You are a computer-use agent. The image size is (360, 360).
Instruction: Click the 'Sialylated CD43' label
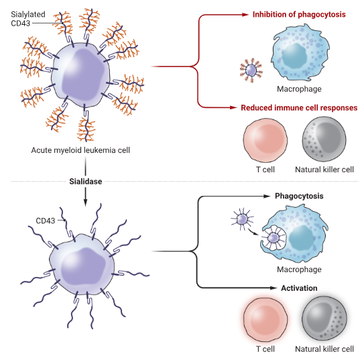tap(28, 19)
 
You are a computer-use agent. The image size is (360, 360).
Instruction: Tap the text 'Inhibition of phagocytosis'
tap(299, 15)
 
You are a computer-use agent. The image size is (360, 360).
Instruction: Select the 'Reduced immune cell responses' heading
tap(299, 108)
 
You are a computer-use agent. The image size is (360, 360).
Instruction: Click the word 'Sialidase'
tap(86, 182)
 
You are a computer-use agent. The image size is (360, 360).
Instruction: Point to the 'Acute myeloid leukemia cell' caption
tap(80, 150)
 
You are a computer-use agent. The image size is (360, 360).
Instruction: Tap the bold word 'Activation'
tap(299, 288)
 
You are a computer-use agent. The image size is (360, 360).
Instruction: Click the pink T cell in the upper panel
tap(265, 140)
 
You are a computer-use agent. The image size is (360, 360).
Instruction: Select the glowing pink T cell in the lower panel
tap(265, 320)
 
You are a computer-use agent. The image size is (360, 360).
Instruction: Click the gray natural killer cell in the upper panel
tap(324, 139)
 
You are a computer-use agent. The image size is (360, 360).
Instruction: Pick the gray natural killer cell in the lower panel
tap(324, 318)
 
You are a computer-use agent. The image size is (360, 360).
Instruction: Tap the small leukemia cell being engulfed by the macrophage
tap(274, 238)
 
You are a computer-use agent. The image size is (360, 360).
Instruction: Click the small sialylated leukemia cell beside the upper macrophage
tap(251, 70)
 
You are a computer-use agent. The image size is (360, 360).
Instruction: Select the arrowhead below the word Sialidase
tap(85, 202)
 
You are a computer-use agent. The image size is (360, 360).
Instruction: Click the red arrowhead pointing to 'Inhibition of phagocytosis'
tap(245, 15)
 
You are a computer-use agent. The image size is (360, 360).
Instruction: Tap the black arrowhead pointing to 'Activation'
tap(274, 288)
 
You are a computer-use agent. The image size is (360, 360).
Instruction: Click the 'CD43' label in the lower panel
tap(46, 221)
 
